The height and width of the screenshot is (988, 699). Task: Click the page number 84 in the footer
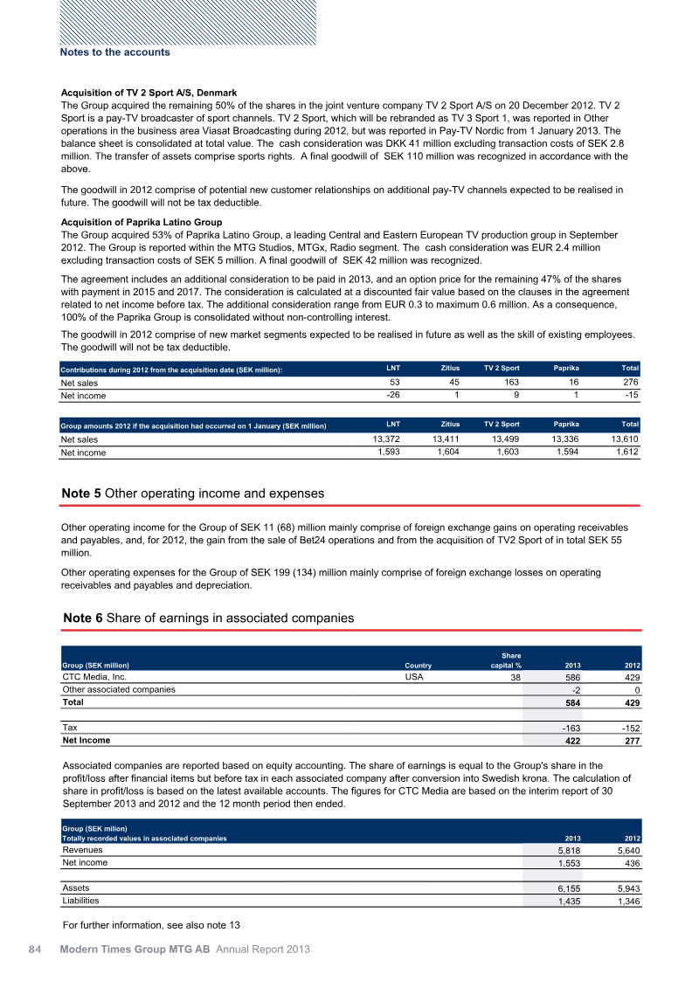(34, 950)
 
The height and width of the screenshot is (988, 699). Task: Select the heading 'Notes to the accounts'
(114, 52)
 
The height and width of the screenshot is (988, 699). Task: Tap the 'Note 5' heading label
(81, 494)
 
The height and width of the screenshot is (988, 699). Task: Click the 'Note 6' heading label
(83, 618)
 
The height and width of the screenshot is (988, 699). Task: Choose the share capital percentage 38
(515, 677)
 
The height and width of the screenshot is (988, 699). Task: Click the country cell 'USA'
(416, 676)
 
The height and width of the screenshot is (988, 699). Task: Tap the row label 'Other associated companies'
(118, 689)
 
